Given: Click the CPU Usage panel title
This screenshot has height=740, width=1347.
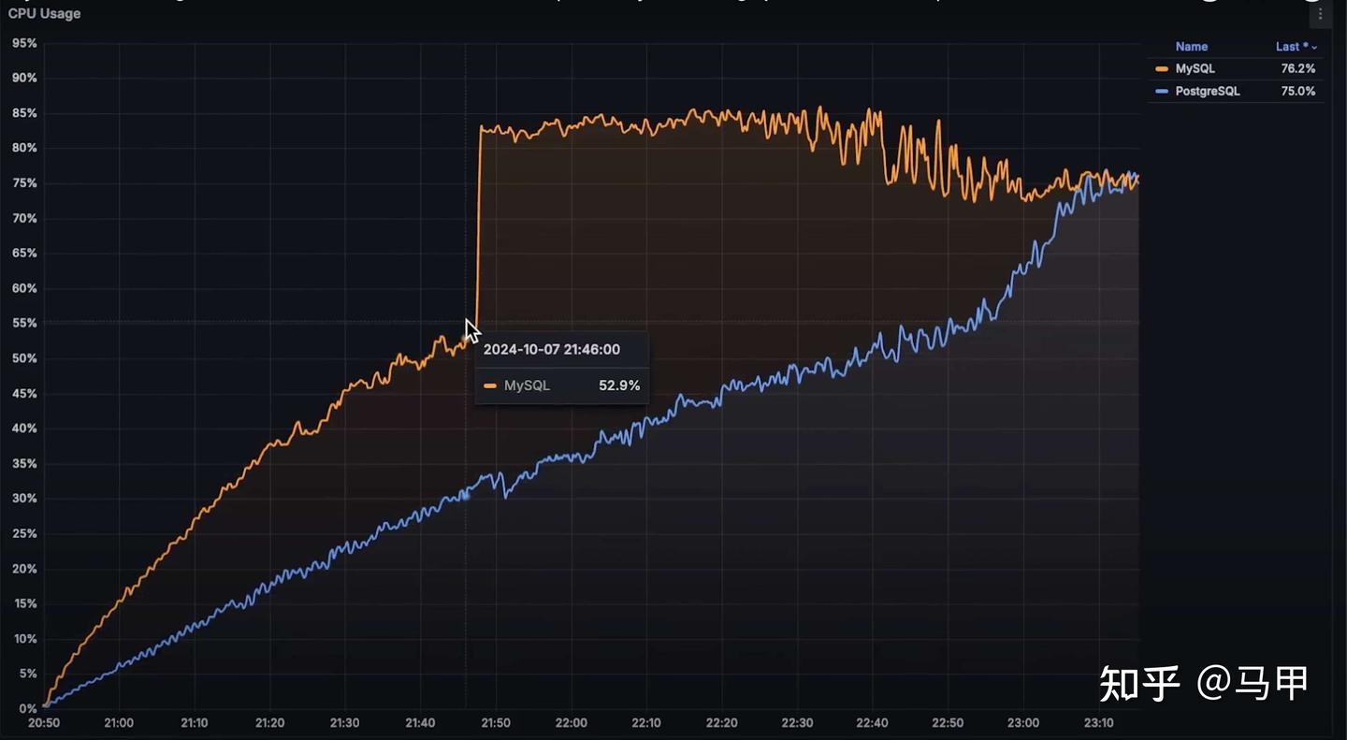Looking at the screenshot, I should [44, 14].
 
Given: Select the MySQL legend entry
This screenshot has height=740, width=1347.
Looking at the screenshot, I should [1195, 68].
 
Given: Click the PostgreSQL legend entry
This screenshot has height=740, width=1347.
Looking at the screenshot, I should [1207, 91].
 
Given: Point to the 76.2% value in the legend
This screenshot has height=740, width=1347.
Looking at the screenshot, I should [1297, 68].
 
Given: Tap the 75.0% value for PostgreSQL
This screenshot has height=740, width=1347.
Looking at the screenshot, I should [1297, 91].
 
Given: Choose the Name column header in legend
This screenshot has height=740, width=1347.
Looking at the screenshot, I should [1191, 46].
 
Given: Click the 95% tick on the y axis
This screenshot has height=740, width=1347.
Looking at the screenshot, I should [24, 43].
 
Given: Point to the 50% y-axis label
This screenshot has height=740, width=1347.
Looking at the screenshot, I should [24, 358].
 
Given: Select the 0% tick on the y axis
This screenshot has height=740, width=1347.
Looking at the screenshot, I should [27, 708].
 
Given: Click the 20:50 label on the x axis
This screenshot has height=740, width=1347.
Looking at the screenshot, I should [43, 723].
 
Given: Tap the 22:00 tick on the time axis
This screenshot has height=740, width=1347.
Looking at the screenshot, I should [571, 723].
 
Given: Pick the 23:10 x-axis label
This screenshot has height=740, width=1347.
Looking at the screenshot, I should [1098, 723].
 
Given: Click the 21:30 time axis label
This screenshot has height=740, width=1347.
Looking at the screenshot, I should [344, 723].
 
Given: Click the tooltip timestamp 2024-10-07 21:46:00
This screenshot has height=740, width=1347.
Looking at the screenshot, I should [551, 349].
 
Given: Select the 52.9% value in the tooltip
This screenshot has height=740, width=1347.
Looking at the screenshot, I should [618, 385].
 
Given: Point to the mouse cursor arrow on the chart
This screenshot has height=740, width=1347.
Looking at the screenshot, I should [471, 330].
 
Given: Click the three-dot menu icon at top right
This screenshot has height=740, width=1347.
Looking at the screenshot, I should [1320, 14].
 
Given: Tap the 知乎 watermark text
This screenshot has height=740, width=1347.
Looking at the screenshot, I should [1139, 683].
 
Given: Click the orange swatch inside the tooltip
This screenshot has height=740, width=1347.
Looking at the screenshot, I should [490, 385].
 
